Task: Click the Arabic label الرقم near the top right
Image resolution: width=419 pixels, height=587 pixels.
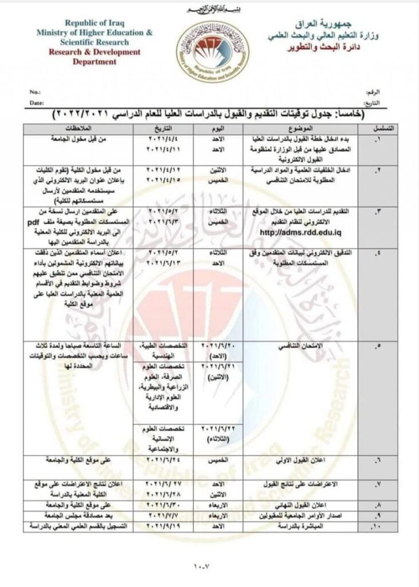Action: click(x=371, y=92)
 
